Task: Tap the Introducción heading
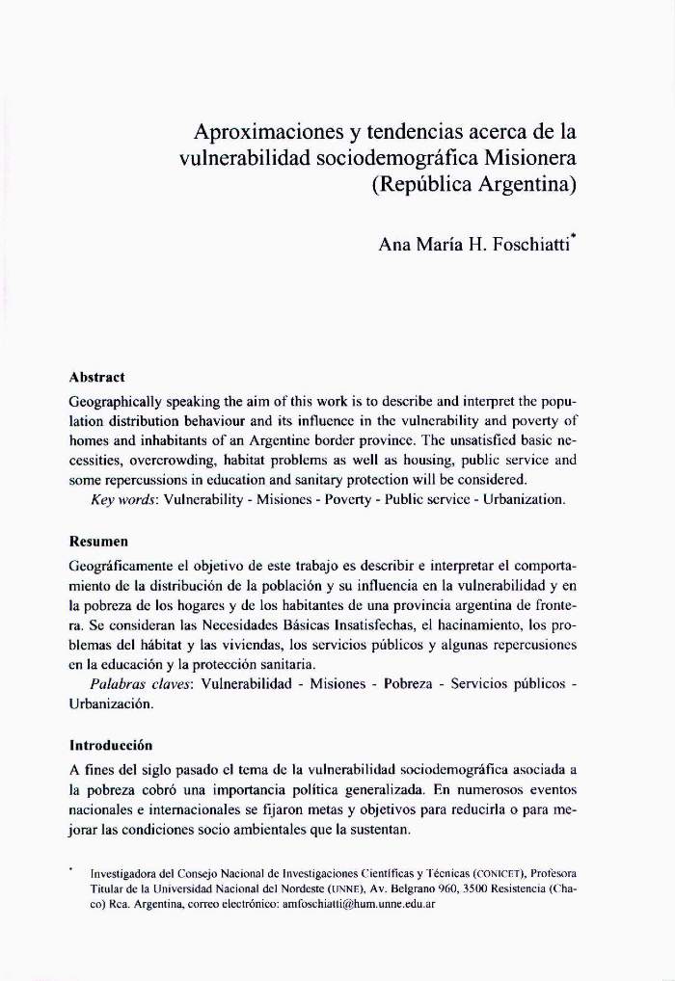coord(111,745)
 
